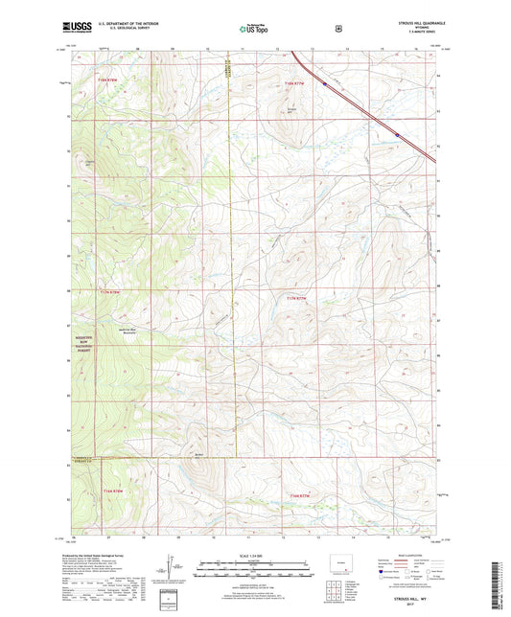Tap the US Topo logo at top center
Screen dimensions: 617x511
254,29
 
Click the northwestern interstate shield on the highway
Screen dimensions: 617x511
325,84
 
